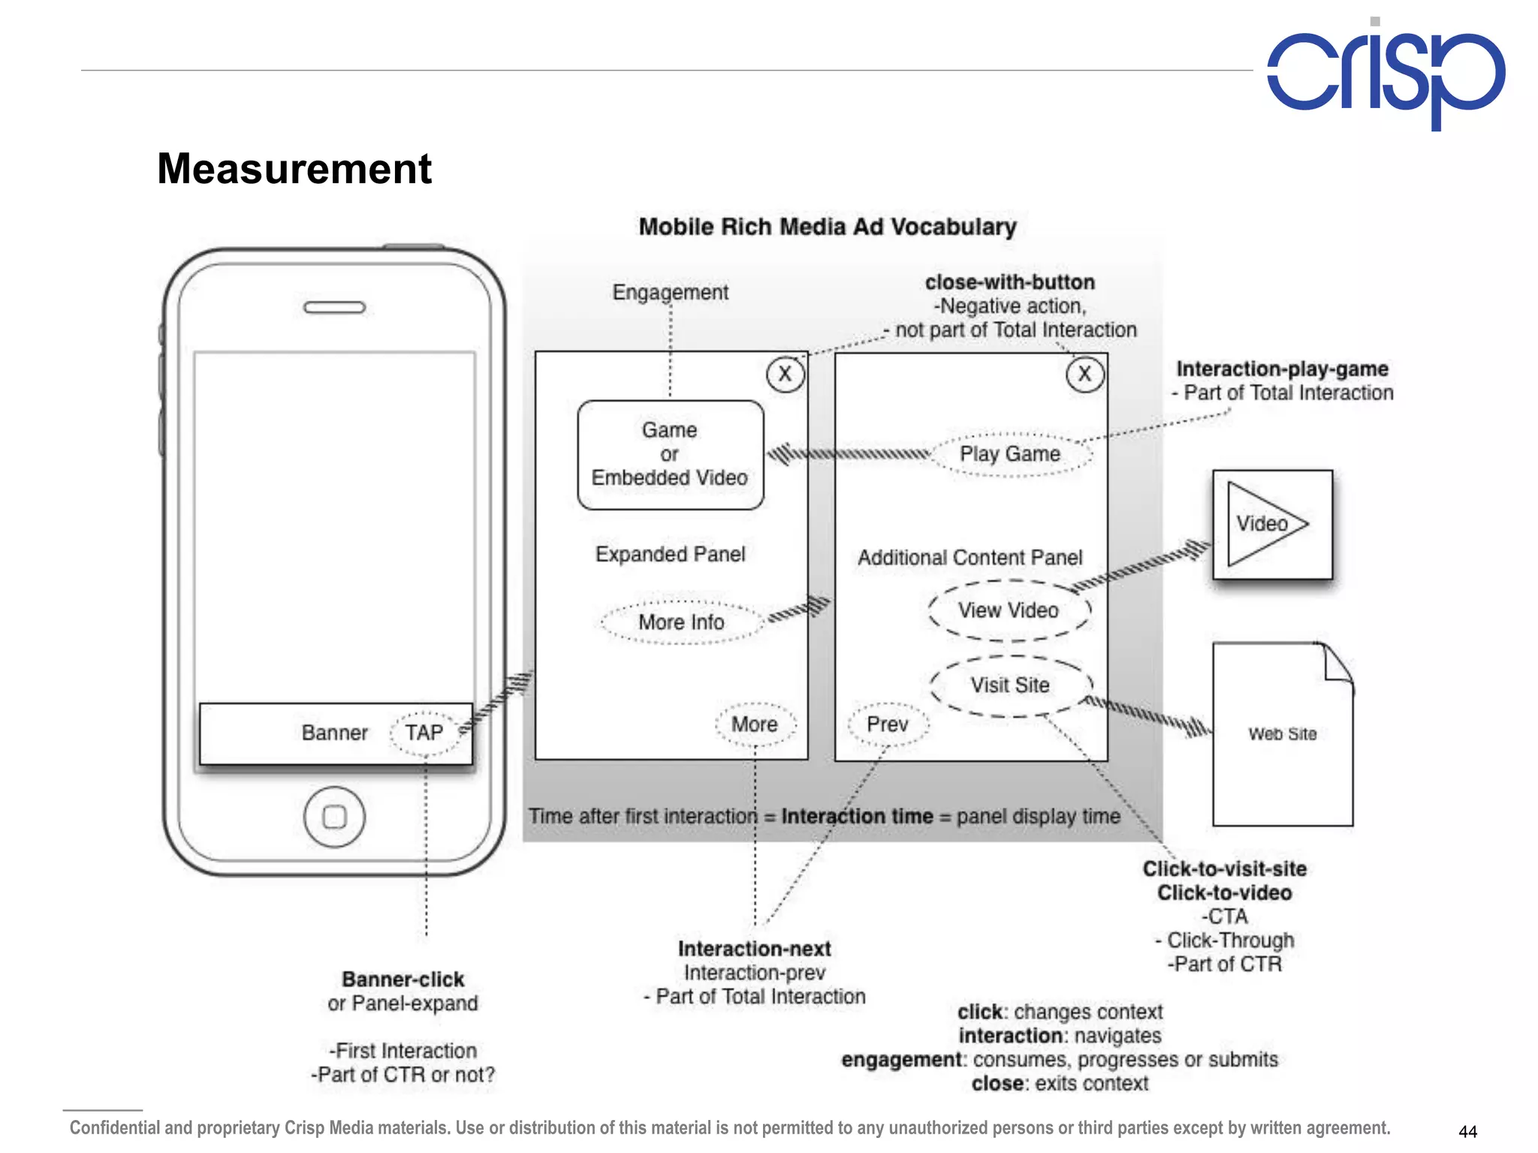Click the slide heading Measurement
(x=294, y=169)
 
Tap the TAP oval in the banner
(x=424, y=733)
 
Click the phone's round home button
(x=334, y=817)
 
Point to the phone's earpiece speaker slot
(x=334, y=308)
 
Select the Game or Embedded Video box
(x=670, y=454)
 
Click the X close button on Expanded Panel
(x=785, y=374)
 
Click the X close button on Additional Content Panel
(x=1084, y=374)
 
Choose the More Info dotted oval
(x=681, y=622)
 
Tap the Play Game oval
(x=1010, y=454)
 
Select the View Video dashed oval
(x=1009, y=610)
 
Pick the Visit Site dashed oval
(x=1010, y=685)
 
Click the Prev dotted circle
(x=888, y=724)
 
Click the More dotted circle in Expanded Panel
(x=755, y=724)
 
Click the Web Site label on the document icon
(x=1283, y=734)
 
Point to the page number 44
(x=1467, y=1131)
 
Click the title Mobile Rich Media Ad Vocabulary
(x=828, y=227)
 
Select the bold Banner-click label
(x=403, y=980)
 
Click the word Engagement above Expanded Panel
(x=670, y=292)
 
